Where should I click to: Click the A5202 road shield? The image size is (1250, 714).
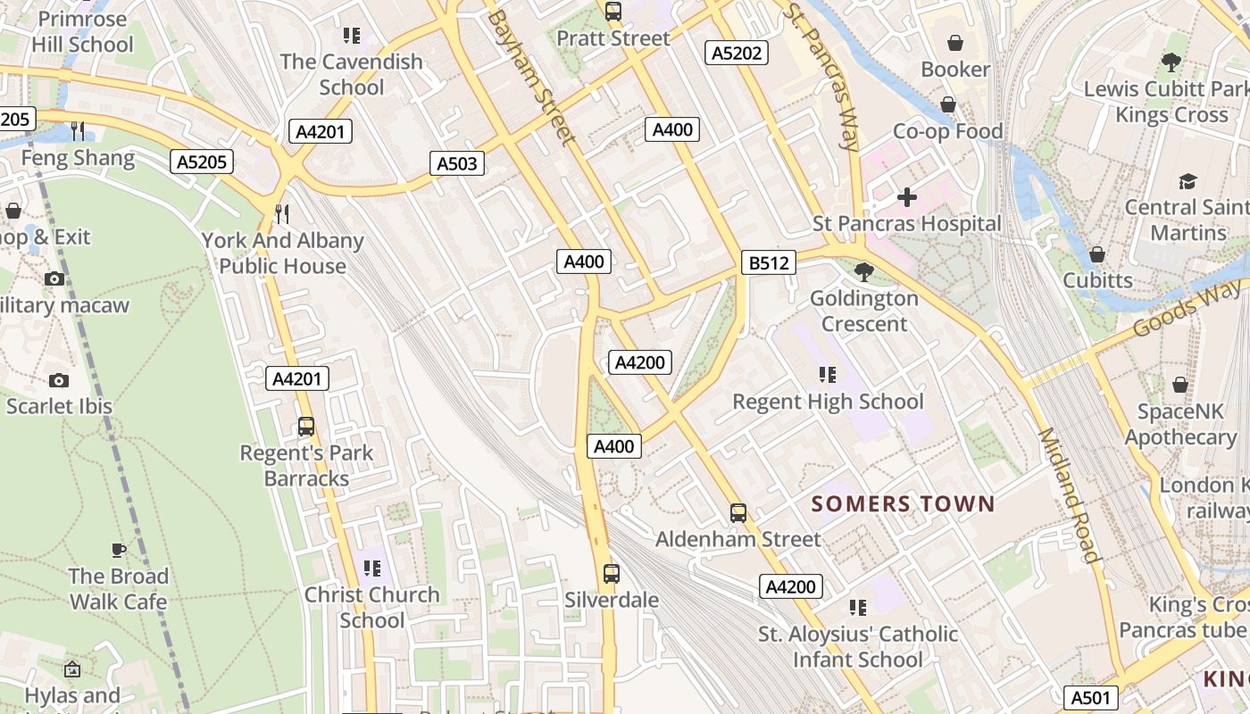pos(737,54)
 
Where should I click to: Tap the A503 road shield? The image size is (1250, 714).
pos(458,163)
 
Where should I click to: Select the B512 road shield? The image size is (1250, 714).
pos(768,263)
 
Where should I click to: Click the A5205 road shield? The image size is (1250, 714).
pos(202,162)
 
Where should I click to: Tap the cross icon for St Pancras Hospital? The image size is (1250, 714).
pos(907,196)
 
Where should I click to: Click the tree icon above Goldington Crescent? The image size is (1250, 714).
pos(863,271)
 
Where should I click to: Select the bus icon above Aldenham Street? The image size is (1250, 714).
pos(738,513)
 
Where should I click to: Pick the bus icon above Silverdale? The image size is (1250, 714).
pos(612,574)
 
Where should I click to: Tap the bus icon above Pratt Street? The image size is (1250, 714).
pos(613,12)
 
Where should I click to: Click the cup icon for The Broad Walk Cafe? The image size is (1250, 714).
pos(119,550)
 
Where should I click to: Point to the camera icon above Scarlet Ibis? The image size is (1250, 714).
pos(59,380)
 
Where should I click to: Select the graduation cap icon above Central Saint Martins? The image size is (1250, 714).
pos(1187,182)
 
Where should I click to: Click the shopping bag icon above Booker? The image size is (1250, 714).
pos(955,43)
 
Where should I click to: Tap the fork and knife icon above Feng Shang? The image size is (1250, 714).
pos(79,132)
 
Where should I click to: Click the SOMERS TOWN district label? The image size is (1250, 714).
pos(903,504)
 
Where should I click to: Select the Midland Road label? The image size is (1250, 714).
pos(1068,495)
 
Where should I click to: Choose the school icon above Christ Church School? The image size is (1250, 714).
pos(372,569)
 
